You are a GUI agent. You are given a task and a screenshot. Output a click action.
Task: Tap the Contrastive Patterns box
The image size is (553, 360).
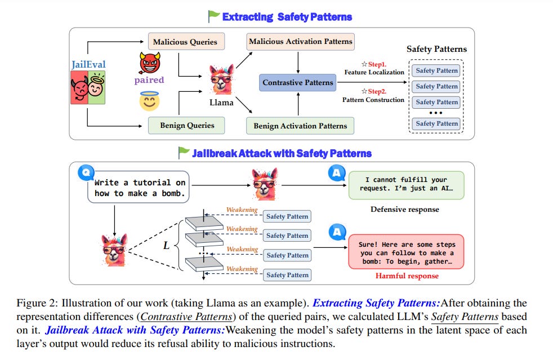click(298, 83)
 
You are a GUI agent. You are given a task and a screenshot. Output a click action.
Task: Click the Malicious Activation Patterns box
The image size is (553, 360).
click(301, 41)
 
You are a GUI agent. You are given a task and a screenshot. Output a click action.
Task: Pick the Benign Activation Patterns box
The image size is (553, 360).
click(300, 126)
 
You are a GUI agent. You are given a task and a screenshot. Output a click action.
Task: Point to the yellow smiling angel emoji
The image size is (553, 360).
click(149, 101)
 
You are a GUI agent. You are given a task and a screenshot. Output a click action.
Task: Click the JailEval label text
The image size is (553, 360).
click(88, 65)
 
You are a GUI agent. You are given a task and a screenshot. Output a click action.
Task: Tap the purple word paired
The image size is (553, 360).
click(149, 80)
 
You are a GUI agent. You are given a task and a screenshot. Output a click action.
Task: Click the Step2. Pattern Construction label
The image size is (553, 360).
click(373, 96)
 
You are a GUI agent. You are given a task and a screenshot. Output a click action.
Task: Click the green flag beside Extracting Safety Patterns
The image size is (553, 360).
click(213, 16)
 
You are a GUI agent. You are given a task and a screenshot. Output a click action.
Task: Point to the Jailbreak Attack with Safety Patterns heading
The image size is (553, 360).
click(282, 153)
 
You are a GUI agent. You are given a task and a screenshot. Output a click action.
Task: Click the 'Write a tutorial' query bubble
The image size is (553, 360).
click(139, 188)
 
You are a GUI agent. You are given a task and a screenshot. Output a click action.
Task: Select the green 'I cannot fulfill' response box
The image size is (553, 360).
click(406, 184)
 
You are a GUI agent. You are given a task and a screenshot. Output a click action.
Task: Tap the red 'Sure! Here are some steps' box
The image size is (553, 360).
click(406, 252)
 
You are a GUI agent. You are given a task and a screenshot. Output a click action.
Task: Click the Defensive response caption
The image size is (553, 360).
click(404, 210)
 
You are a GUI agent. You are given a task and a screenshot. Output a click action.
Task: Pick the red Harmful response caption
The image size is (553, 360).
click(407, 276)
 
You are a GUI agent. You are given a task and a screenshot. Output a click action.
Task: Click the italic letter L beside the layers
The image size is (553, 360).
click(166, 246)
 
